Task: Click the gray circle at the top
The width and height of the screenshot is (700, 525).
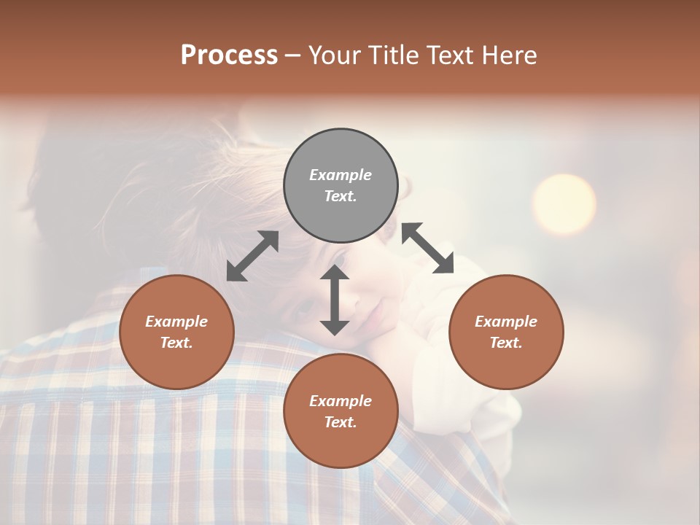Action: (341, 186)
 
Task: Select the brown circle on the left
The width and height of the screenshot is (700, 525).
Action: (176, 332)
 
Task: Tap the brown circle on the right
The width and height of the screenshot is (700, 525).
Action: (506, 332)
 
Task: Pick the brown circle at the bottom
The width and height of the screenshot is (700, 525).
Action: (341, 411)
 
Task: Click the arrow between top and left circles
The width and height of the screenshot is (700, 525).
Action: (252, 256)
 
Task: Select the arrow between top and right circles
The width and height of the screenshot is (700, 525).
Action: (427, 248)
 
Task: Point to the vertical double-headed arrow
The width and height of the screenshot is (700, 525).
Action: (335, 300)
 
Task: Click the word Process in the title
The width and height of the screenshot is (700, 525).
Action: (229, 55)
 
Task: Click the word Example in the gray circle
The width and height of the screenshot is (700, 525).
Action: (341, 175)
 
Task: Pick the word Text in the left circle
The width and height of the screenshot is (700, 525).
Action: (176, 343)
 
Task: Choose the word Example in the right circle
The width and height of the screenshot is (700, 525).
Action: (506, 322)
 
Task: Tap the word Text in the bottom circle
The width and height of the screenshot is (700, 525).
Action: (340, 422)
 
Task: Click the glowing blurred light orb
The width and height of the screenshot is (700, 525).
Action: (564, 204)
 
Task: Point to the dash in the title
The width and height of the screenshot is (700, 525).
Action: (293, 55)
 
